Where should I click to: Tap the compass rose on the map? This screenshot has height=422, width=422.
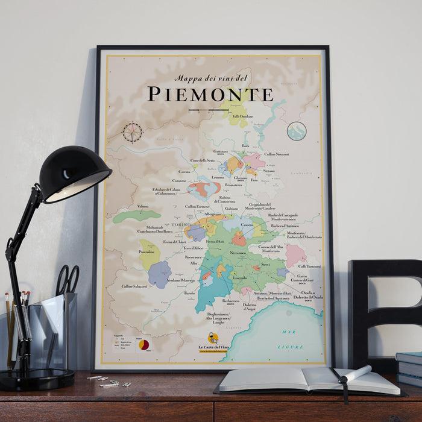133,130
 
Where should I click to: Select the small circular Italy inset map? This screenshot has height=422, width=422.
297,131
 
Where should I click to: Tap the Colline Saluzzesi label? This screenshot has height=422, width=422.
134,286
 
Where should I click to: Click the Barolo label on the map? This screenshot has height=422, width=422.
191,294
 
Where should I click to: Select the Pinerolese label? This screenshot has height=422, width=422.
148,250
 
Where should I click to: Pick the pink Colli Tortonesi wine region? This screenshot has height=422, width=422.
295,254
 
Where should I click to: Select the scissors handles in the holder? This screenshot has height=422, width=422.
68,278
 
